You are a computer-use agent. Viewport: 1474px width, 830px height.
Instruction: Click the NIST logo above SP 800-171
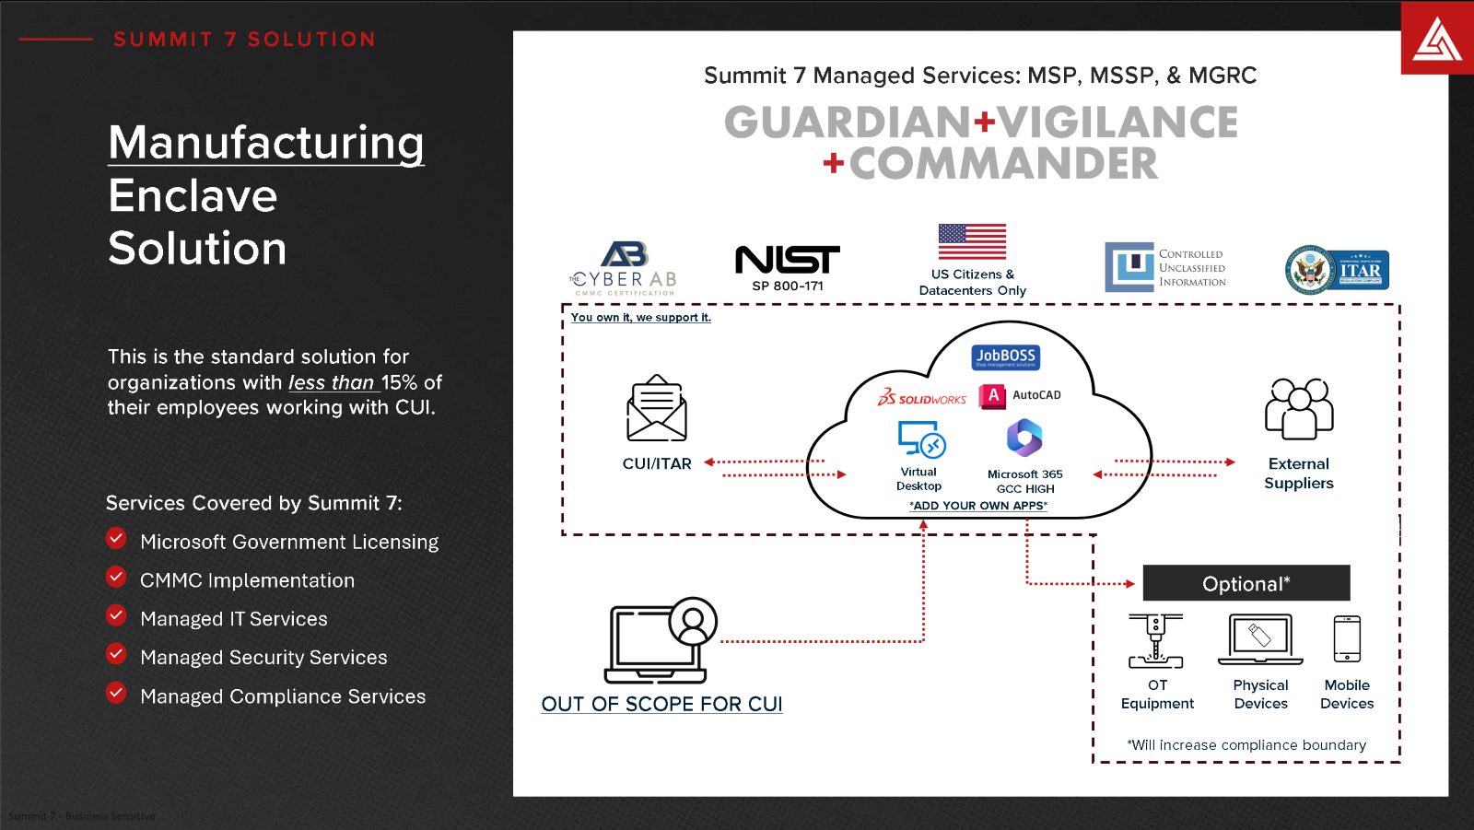pyautogui.click(x=788, y=260)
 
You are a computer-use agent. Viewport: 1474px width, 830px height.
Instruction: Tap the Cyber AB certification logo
pyautogui.click(x=625, y=267)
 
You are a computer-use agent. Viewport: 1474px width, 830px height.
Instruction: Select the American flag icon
pyautogui.click(x=972, y=241)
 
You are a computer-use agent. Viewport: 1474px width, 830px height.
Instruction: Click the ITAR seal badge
pyautogui.click(x=1338, y=270)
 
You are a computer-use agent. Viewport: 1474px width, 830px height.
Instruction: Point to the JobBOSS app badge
pyautogui.click(x=1005, y=357)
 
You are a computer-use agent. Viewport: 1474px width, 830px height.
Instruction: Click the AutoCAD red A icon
pyautogui.click(x=992, y=396)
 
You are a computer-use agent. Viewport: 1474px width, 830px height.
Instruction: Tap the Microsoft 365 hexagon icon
pyautogui.click(x=1024, y=438)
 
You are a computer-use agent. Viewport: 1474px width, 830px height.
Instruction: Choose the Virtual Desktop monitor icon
pyautogui.click(x=921, y=439)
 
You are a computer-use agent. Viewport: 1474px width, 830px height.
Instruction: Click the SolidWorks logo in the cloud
pyautogui.click(x=922, y=398)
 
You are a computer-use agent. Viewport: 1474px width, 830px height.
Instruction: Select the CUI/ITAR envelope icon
pyautogui.click(x=657, y=409)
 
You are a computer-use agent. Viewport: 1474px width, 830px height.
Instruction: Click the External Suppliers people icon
pyautogui.click(x=1299, y=409)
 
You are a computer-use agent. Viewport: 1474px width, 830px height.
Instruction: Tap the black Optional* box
pyautogui.click(x=1246, y=583)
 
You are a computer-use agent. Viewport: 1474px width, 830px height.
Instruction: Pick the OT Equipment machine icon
pyautogui.click(x=1156, y=641)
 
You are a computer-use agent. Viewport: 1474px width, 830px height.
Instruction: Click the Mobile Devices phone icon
pyautogui.click(x=1347, y=639)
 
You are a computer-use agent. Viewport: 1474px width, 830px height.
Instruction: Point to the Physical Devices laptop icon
pyautogui.click(x=1260, y=639)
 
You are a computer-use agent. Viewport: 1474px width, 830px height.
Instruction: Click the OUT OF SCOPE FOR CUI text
pyautogui.click(x=661, y=704)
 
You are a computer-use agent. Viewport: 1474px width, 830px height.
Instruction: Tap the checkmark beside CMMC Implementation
pyautogui.click(x=116, y=578)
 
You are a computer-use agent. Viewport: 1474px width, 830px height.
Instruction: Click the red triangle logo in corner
pyautogui.click(x=1437, y=40)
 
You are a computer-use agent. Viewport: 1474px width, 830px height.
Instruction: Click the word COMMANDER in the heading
pyautogui.click(x=1002, y=164)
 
